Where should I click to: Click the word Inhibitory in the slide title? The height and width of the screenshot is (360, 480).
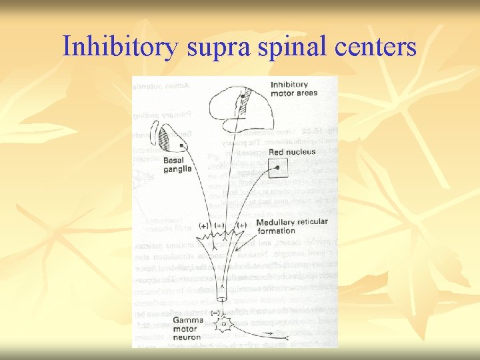120,46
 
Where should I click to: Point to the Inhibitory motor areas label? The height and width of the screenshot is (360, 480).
294,89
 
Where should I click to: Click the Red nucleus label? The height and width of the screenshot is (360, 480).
294,152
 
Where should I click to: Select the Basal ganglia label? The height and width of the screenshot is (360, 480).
177,165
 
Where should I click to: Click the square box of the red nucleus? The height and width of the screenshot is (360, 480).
278,169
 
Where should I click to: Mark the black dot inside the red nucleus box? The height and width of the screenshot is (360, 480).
278,168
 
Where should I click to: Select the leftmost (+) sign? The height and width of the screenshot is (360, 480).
203,225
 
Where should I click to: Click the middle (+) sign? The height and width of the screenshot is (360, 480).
220,225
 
